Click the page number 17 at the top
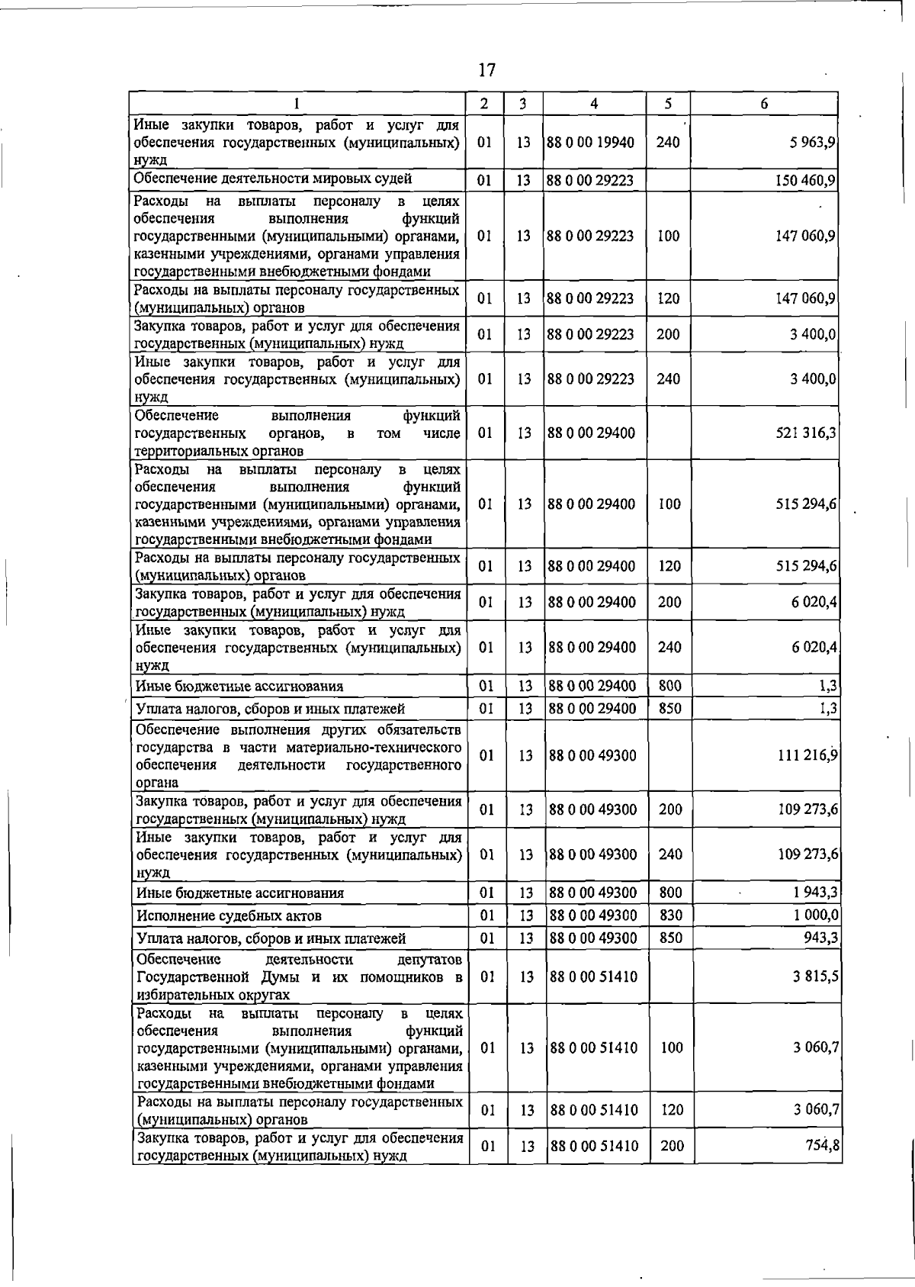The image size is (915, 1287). [x=486, y=70]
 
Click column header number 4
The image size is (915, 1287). [x=593, y=104]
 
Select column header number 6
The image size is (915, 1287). [x=764, y=104]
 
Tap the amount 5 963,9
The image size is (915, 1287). [x=814, y=142]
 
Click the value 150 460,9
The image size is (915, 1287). [x=807, y=181]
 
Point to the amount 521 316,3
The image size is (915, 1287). [x=807, y=433]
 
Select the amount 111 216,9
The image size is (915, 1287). [x=807, y=755]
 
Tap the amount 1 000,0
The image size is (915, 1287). [x=815, y=915]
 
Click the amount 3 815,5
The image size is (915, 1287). [x=816, y=977]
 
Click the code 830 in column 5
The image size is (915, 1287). [x=670, y=915]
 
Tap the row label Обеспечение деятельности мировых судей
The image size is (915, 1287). [x=273, y=179]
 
